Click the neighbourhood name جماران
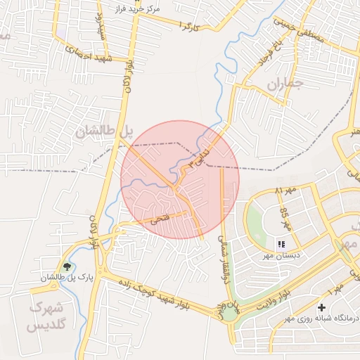coord(284,85)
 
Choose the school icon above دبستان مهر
coord(281,245)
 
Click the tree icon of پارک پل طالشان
coord(67,266)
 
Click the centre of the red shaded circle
coord(180,180)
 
